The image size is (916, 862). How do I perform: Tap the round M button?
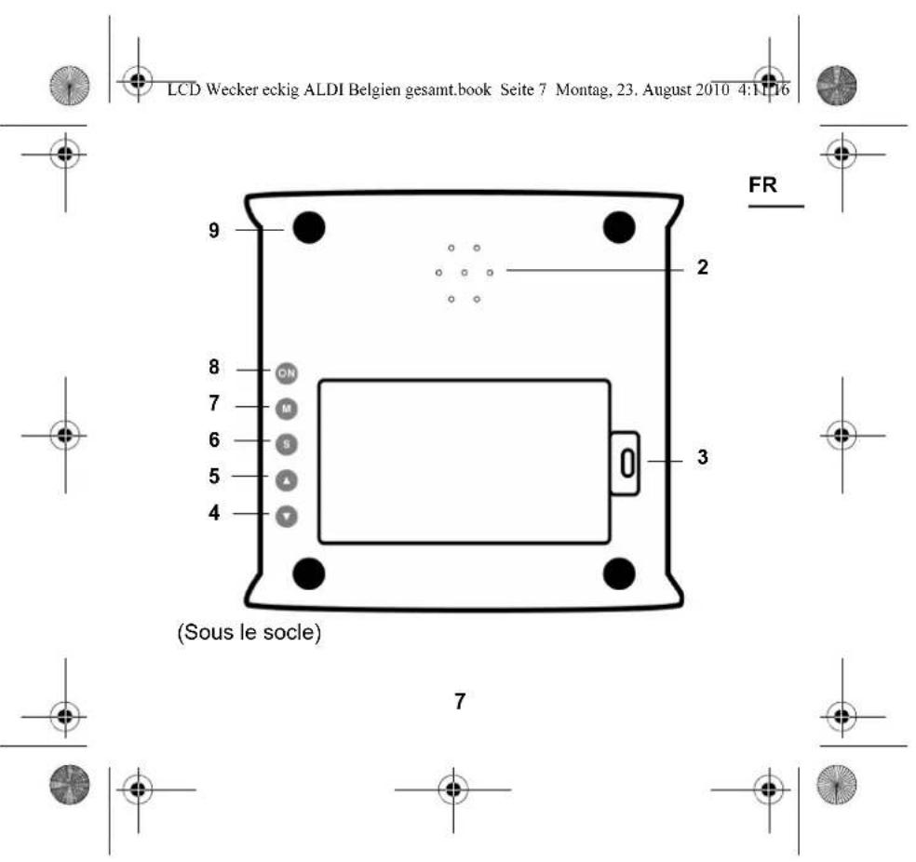point(286,407)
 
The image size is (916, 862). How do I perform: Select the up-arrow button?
point(286,478)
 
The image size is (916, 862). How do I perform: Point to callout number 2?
point(703,269)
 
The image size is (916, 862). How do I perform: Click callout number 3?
point(703,459)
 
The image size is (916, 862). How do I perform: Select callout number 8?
point(214,369)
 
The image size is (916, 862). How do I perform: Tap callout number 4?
point(214,512)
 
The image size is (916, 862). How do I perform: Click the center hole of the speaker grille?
point(463,274)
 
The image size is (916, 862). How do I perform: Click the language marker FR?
point(764,186)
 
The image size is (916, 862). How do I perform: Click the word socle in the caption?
point(292,637)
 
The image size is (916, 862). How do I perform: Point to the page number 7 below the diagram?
point(459,702)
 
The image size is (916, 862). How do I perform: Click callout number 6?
point(214,440)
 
